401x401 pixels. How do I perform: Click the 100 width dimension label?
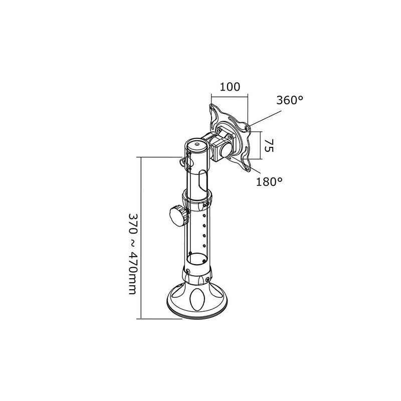230,87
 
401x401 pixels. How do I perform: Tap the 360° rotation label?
290,100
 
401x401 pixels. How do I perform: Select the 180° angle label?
270,181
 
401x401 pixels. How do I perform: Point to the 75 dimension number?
269,145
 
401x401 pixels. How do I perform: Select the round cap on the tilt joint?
226,149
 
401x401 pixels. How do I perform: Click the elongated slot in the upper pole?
203,180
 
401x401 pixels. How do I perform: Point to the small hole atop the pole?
196,144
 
